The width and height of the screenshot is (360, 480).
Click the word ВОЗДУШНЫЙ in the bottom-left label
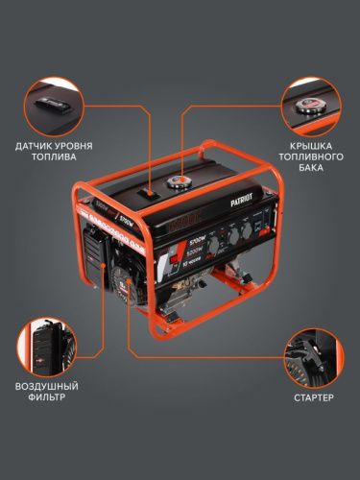(x=44, y=385)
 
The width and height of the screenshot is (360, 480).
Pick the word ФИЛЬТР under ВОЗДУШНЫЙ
(x=44, y=397)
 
